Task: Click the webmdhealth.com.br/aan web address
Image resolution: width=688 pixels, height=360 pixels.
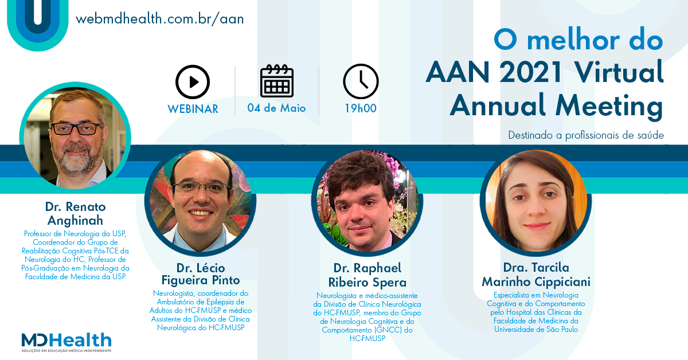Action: click(160, 19)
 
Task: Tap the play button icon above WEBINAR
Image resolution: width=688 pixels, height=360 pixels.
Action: click(193, 82)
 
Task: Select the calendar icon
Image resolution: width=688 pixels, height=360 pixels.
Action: click(277, 81)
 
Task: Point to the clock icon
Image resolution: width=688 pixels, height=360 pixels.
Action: click(361, 81)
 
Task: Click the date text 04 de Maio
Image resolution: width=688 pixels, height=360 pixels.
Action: click(276, 108)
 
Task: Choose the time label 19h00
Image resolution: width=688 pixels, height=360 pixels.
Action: click(361, 108)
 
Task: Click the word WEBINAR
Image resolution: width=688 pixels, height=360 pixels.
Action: click(193, 109)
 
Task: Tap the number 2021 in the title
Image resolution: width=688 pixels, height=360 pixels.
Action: click(530, 72)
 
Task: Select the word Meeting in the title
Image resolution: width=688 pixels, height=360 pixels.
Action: click(609, 106)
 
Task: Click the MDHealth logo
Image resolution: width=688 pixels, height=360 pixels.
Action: click(67, 342)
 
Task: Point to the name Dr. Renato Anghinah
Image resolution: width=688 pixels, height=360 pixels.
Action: click(75, 213)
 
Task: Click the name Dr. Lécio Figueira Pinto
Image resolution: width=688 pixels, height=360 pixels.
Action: click(201, 274)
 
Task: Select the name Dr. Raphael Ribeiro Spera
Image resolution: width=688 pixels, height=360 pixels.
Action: click(368, 275)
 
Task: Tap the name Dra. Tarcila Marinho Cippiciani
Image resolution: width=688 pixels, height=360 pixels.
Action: click(536, 275)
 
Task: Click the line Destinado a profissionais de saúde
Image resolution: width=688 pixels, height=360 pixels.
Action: click(586, 135)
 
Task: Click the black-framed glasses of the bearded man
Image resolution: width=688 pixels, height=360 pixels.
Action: click(77, 129)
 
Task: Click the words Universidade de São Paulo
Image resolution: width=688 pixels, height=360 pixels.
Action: click(536, 329)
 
